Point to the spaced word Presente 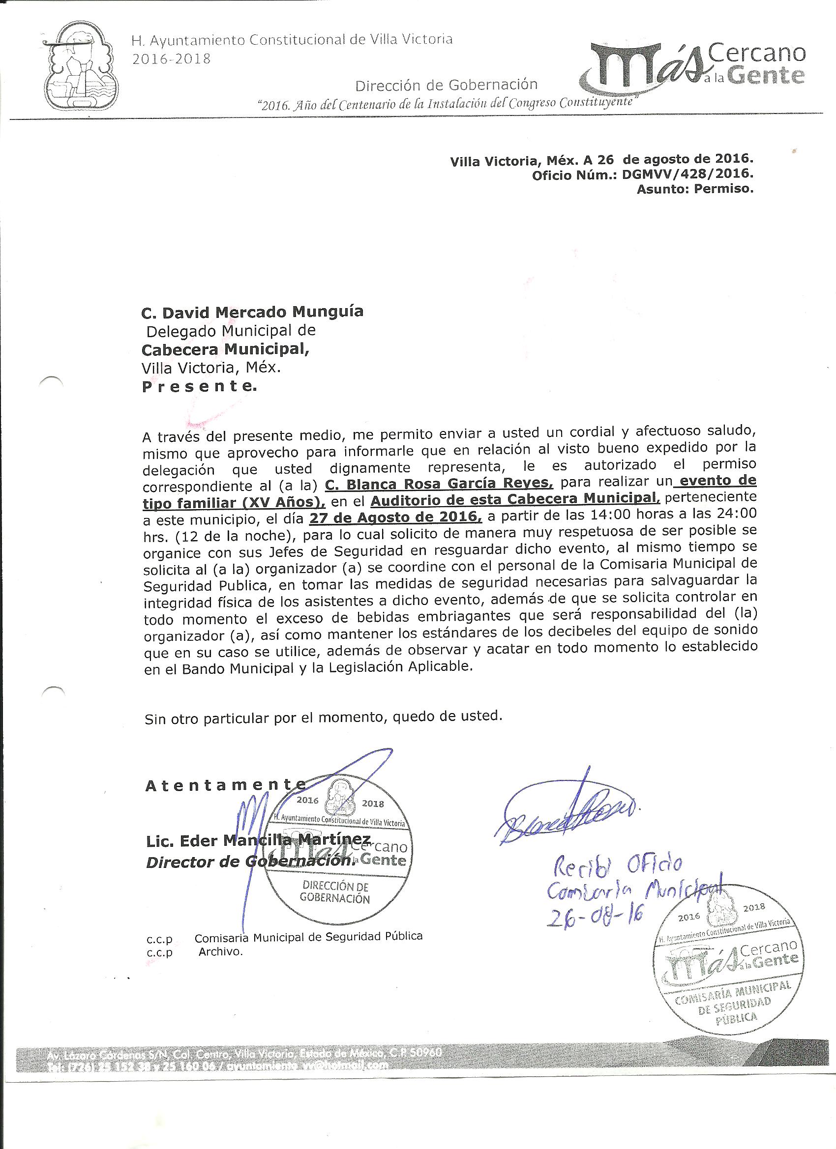[x=199, y=387]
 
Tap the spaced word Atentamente [x=226, y=785]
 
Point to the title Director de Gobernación [x=248, y=861]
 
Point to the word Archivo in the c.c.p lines [x=220, y=951]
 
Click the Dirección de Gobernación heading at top [x=446, y=85]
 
